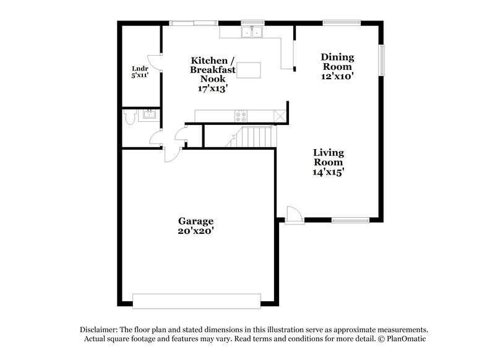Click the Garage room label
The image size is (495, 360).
point(196,221)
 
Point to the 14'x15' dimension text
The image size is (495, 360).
point(328,173)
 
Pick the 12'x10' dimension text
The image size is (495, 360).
point(337,76)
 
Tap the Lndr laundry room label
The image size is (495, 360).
point(139,68)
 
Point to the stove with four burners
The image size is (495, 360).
point(240,115)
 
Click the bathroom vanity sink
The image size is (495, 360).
point(149,114)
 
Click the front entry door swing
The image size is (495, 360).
point(295,214)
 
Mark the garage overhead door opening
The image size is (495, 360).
point(196,301)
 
